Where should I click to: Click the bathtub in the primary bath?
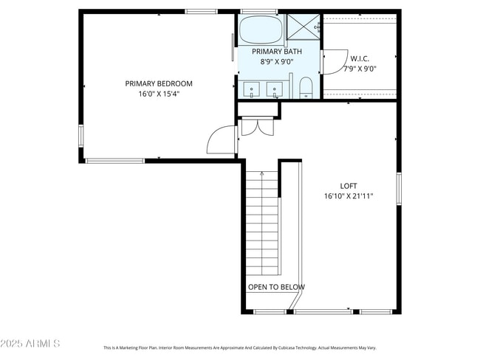(261, 30)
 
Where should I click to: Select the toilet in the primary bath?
(306, 88)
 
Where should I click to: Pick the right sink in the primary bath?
(275, 90)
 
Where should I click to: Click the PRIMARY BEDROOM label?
(158, 83)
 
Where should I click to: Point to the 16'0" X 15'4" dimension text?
(159, 94)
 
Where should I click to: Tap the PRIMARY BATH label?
(277, 52)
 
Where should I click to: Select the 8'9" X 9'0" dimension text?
(277, 62)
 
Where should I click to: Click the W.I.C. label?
(360, 58)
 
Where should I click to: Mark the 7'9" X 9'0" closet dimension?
(360, 69)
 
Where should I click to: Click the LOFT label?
(349, 186)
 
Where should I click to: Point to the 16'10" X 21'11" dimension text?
(349, 196)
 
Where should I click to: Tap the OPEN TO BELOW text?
(276, 287)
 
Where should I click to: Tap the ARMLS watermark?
(30, 344)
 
